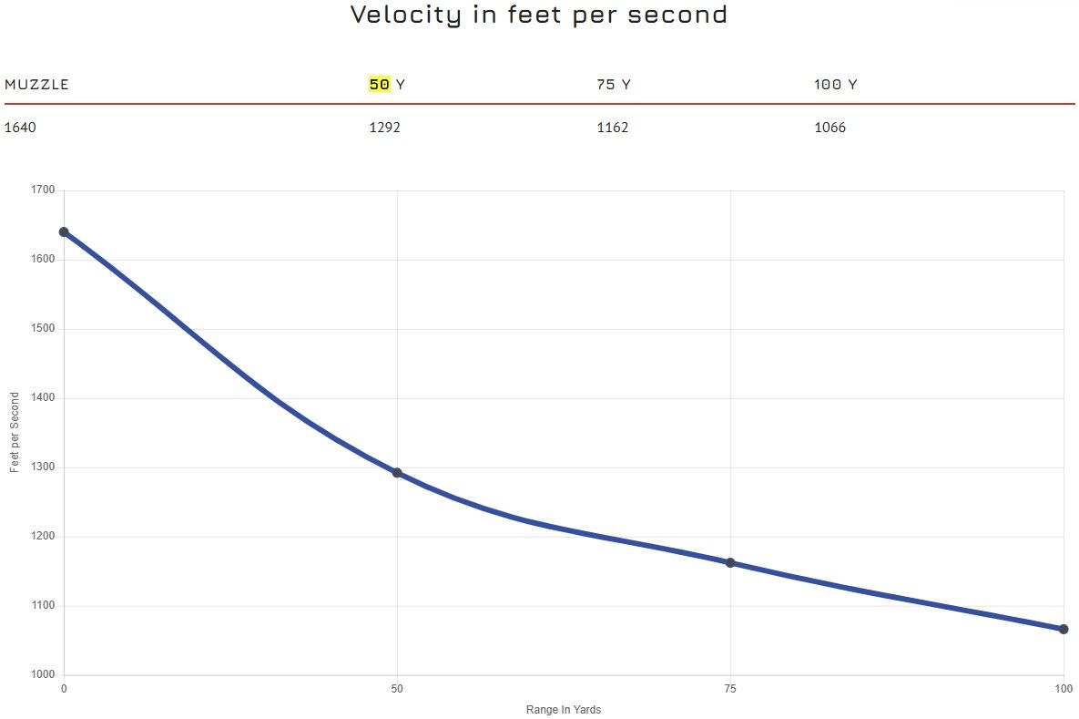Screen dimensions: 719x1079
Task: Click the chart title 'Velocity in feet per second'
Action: click(539, 15)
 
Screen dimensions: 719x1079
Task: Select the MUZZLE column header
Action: click(37, 85)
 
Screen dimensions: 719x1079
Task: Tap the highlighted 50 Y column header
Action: click(387, 85)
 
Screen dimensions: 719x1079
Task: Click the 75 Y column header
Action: click(614, 85)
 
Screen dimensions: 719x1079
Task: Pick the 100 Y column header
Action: click(835, 85)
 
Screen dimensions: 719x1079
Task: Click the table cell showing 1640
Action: click(21, 128)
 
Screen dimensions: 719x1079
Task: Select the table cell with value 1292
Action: click(384, 128)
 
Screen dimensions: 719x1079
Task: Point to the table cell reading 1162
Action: click(612, 128)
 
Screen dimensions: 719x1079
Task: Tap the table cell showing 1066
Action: click(830, 128)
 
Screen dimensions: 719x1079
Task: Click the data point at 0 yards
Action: click(64, 231)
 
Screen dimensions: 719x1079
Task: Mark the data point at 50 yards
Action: click(397, 473)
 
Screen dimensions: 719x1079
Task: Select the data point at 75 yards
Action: click(730, 563)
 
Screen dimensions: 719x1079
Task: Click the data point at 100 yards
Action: click(1064, 629)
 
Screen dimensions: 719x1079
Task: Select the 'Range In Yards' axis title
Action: click(564, 710)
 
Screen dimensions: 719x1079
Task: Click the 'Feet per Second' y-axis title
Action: click(15, 432)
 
